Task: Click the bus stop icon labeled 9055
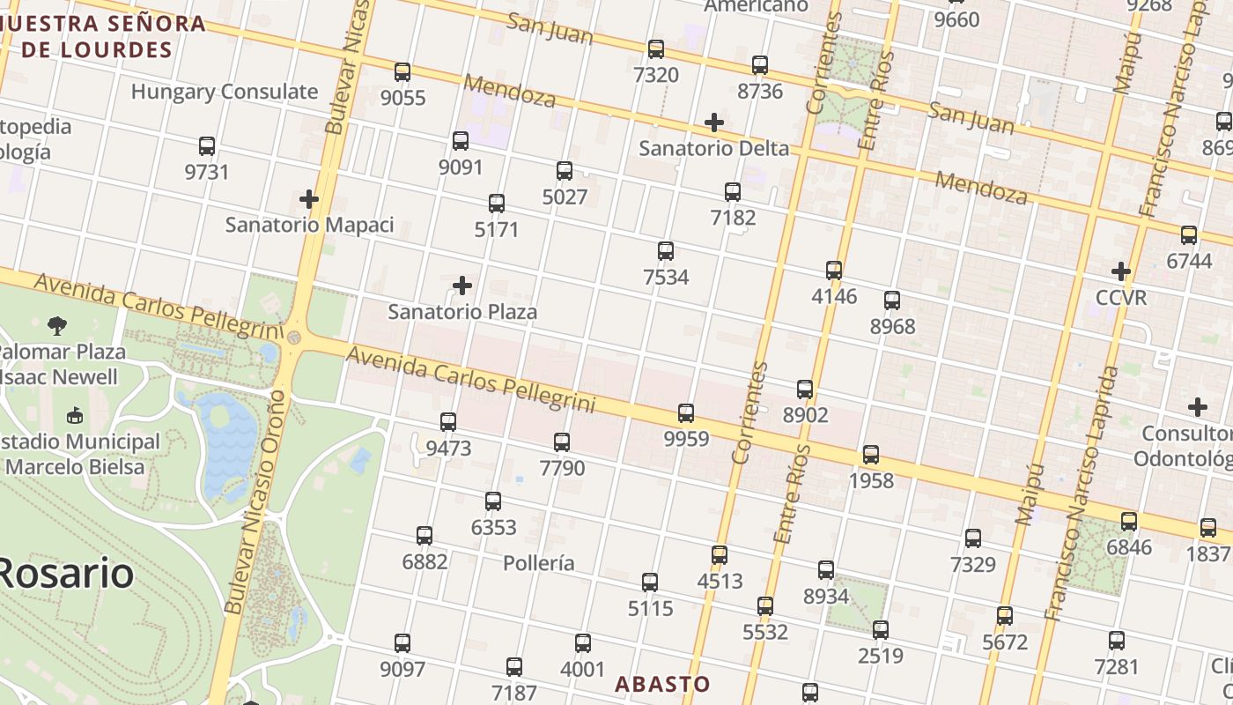402,72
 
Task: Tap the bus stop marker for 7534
666,251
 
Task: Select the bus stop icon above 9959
686,412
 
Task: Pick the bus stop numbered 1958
871,455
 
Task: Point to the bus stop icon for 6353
493,501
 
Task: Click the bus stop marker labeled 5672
1005,616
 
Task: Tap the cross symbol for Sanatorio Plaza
462,286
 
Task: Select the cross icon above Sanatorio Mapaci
309,198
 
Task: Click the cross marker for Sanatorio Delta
714,122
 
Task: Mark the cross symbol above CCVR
1121,271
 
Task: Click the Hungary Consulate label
225,92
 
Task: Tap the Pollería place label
539,563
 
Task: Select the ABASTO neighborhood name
662,684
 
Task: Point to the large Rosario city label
66,574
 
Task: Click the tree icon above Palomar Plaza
57,325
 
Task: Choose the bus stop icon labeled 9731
207,146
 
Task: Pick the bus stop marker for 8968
892,301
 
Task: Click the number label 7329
973,564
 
